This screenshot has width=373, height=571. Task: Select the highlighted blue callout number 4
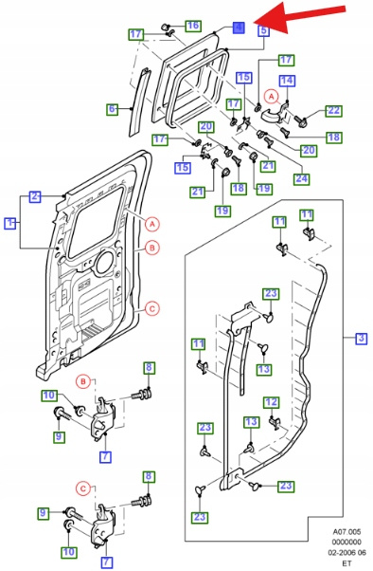click(239, 28)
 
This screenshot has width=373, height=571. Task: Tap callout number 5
click(264, 30)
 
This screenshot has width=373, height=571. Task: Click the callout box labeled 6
click(113, 108)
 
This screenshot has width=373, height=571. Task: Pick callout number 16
click(193, 26)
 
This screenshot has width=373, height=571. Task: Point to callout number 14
click(287, 81)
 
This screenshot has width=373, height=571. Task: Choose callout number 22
click(334, 111)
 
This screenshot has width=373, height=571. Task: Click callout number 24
click(302, 179)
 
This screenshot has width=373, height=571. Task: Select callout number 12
click(271, 402)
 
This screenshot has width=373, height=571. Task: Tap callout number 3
click(361, 339)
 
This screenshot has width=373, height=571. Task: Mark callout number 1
click(10, 223)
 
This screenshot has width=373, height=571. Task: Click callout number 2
click(35, 196)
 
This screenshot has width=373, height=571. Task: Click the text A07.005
click(346, 532)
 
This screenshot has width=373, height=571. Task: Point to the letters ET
click(346, 563)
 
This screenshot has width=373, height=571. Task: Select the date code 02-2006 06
click(347, 552)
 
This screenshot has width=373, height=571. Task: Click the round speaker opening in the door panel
click(105, 262)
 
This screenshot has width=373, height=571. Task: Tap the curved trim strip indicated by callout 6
click(139, 102)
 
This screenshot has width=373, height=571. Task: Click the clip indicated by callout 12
click(275, 423)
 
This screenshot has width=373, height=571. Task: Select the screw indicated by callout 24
click(268, 141)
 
